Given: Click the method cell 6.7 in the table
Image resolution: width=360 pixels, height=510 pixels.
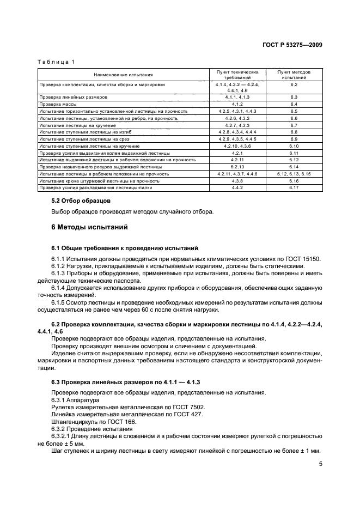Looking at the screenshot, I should (294, 125).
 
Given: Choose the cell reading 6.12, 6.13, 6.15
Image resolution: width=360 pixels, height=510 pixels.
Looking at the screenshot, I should (294, 174).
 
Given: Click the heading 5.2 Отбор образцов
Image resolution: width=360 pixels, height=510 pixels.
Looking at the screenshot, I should (81, 201).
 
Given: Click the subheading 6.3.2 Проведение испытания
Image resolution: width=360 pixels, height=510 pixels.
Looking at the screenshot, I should (88, 429).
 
